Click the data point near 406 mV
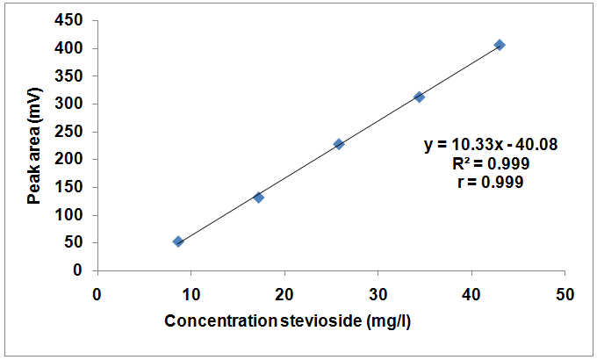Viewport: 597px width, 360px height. (x=500, y=45)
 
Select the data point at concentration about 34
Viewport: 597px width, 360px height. (x=420, y=97)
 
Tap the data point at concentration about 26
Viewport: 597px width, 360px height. (x=339, y=144)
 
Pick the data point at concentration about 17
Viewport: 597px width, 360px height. (x=259, y=198)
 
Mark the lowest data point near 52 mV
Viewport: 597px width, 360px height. (x=178, y=241)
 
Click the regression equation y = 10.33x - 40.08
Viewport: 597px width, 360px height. (x=492, y=144)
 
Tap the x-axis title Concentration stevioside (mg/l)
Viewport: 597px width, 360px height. (x=288, y=320)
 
